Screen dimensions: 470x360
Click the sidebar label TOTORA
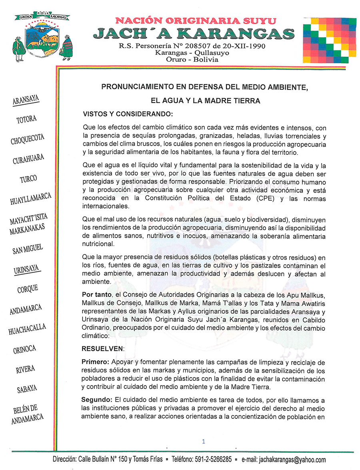27,119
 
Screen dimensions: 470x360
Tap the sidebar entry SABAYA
27,389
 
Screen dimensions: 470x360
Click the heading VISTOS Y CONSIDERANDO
127,114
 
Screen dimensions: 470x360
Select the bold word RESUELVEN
102,348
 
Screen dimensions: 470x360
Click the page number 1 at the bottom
204,442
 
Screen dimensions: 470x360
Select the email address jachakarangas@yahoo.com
292,460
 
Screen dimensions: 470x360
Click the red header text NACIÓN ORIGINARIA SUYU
196,21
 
